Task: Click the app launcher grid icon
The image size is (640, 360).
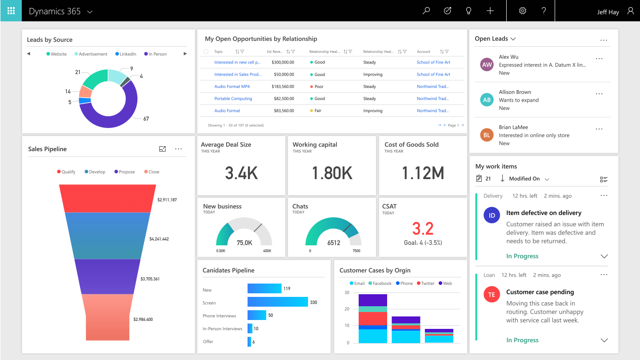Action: tap(11, 11)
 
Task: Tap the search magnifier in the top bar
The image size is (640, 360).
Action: tap(426, 11)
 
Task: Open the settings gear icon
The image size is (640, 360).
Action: tap(523, 11)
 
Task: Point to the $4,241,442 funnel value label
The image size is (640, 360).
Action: tap(159, 239)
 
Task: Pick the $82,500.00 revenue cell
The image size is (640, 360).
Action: tap(283, 99)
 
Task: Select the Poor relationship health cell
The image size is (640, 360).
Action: tap(319, 87)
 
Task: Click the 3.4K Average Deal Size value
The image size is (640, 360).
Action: tap(241, 173)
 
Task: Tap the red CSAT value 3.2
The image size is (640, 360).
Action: tap(423, 228)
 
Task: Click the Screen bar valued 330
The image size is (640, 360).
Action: tap(277, 302)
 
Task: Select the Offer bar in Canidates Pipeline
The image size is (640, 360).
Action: tap(249, 341)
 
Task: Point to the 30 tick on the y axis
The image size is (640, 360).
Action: tap(347, 292)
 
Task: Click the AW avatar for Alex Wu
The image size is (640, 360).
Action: tap(487, 65)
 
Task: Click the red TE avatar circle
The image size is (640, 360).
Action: tap(492, 295)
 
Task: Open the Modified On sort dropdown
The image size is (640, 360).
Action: tap(529, 179)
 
